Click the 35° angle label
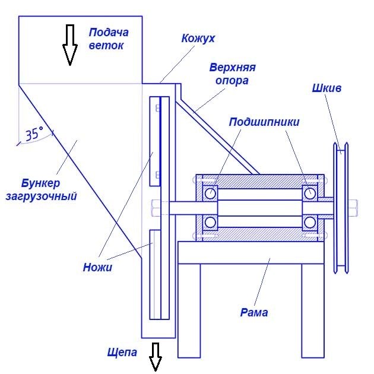34,135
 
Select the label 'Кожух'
198,39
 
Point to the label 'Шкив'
327,88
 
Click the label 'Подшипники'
264,122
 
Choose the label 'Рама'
254,312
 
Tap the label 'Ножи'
97,267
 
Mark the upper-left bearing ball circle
210,193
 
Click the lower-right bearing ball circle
309,223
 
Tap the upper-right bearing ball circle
309,193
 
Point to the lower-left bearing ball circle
210,223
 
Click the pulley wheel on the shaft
340,208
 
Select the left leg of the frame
189,311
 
